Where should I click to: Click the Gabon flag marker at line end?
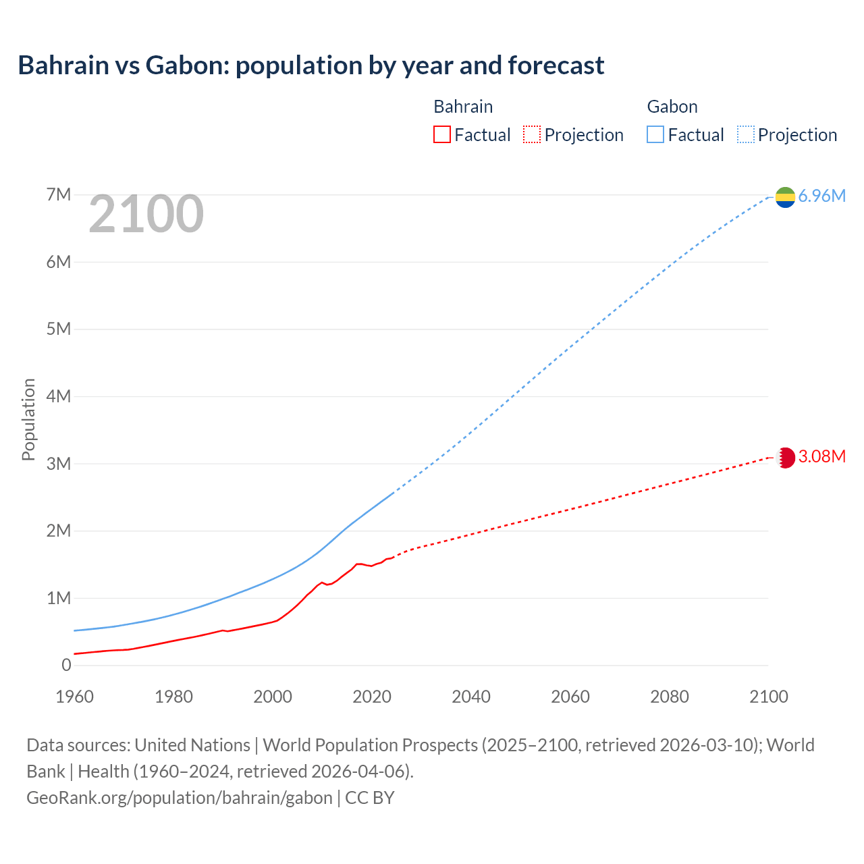[x=785, y=196]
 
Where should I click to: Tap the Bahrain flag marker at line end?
[x=785, y=458]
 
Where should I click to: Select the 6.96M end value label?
[x=821, y=196]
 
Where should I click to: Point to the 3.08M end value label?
[x=821, y=457]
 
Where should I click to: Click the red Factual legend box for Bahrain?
[x=441, y=134]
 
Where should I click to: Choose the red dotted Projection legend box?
[x=532, y=134]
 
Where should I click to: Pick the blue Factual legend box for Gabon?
[x=655, y=134]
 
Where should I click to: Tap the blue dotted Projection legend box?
[x=746, y=134]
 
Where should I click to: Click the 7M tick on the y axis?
[x=59, y=195]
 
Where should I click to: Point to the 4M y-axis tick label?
[x=59, y=396]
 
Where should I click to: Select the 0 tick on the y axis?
[x=66, y=665]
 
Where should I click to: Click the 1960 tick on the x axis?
[x=74, y=697]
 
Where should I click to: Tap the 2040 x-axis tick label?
[x=471, y=697]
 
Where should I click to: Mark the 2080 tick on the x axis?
[x=670, y=697]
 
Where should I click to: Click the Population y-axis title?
[x=28, y=419]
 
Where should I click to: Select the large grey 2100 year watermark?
[x=146, y=214]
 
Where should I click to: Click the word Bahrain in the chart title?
[x=63, y=65]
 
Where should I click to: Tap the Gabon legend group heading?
[x=672, y=107]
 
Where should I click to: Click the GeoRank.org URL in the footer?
[x=180, y=798]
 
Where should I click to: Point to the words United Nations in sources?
[x=192, y=745]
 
